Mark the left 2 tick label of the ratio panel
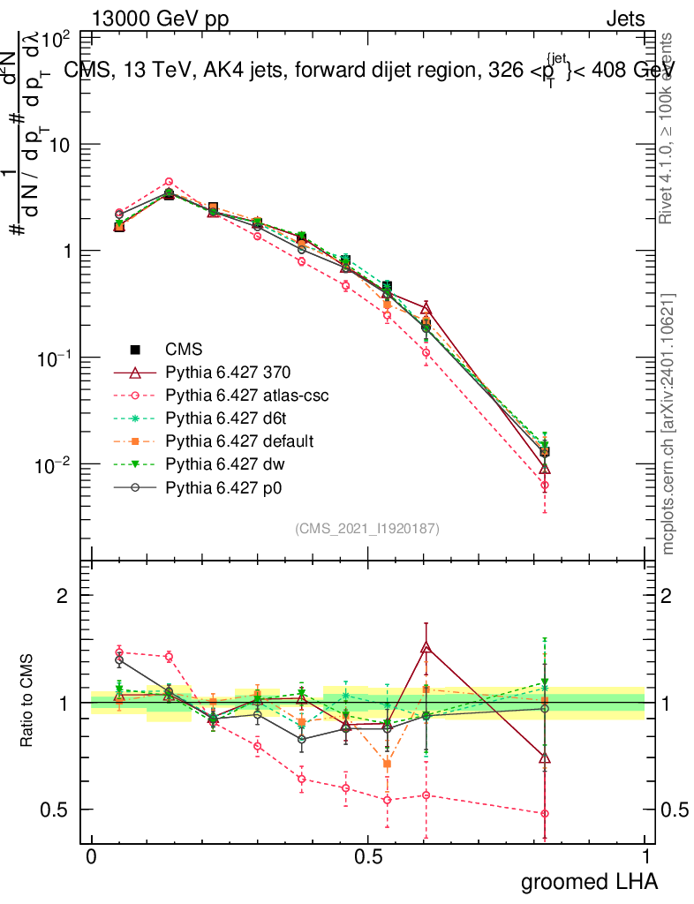pos(64,596)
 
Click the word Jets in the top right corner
pos(625,19)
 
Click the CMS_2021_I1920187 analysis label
pos(367,528)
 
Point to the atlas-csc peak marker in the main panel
pos(169,182)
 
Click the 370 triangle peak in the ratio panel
pos(426,647)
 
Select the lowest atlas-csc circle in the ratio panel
pos(545,814)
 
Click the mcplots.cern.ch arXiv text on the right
pos(669,424)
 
